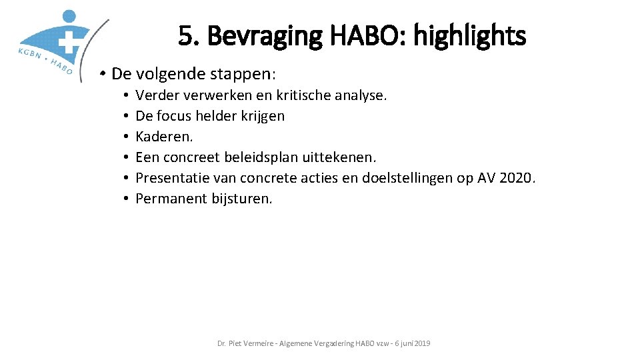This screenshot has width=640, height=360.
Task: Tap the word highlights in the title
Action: point(469,36)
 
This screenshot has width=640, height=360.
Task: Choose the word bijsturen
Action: point(242,199)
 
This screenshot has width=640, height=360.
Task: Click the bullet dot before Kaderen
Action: point(125,137)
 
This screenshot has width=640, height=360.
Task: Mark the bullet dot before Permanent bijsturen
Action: point(125,199)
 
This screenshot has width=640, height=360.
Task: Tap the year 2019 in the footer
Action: point(422,343)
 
